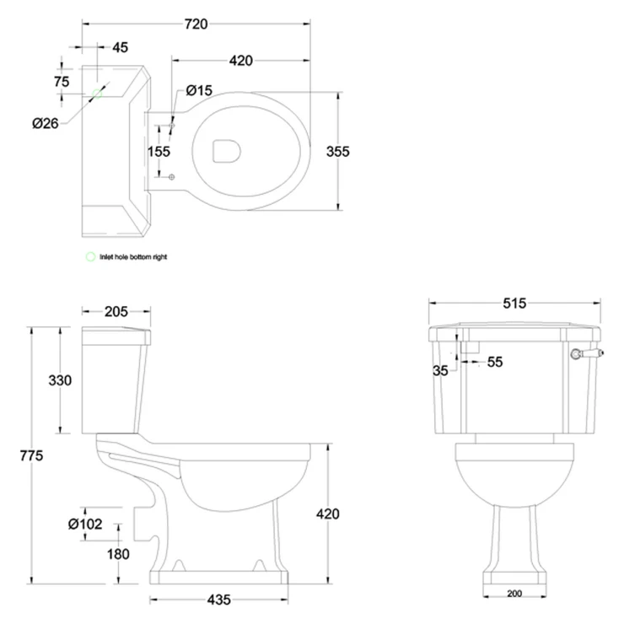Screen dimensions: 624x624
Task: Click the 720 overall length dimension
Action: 196,24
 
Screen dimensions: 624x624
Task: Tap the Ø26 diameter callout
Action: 45,123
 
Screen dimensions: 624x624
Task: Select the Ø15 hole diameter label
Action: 199,90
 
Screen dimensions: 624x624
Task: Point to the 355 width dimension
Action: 338,151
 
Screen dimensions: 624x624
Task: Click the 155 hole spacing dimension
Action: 159,151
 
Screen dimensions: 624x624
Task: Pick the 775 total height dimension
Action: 31,455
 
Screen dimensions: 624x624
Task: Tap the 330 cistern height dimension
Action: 60,380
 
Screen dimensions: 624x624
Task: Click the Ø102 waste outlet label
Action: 85,524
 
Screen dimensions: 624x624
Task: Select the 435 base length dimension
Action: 219,600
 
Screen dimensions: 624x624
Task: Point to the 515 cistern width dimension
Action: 514,304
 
